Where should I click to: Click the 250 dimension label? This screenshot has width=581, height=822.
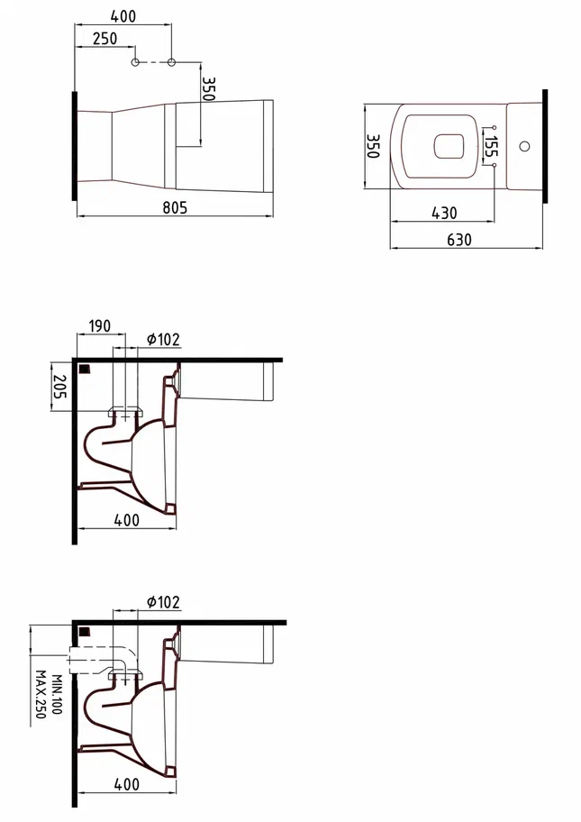point(104,38)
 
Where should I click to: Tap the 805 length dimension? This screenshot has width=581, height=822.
point(175,207)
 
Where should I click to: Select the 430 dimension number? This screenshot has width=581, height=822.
point(444,213)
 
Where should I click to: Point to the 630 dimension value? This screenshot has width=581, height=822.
point(458,240)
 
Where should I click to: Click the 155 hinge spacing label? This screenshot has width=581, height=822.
point(491,146)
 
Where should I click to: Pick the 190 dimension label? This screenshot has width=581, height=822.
point(100,326)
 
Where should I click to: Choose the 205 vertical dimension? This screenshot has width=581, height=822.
point(59,387)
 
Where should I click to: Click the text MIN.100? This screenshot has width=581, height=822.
point(57,694)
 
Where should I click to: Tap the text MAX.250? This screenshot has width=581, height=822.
point(41,695)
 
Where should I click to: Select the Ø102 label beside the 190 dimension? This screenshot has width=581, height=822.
point(163,340)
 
